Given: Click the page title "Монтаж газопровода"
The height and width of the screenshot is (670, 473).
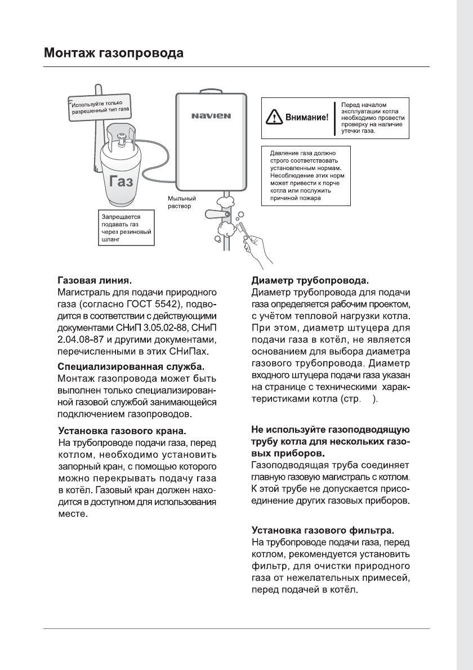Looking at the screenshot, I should click(114, 54).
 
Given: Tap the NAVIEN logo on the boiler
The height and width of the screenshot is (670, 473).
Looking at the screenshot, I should click(212, 117).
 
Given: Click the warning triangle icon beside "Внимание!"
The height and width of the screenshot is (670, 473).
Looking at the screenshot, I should click(274, 118).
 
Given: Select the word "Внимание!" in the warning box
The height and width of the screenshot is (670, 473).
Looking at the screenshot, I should click(307, 118).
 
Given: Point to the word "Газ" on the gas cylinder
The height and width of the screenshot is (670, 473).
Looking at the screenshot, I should click(122, 181).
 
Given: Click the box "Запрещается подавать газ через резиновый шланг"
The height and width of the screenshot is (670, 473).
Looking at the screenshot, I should click(124, 227).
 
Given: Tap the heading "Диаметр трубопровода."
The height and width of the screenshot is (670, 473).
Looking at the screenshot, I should click(309, 279).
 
